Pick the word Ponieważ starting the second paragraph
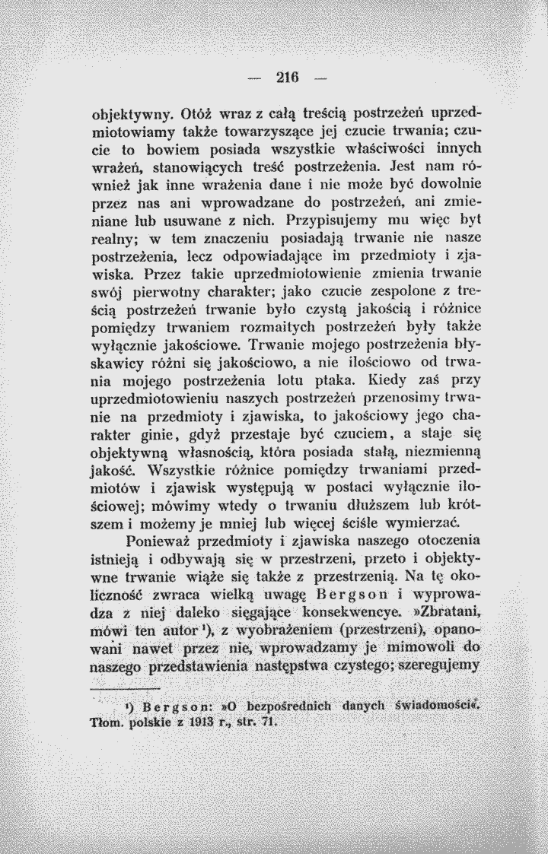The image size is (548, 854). tap(163, 541)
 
